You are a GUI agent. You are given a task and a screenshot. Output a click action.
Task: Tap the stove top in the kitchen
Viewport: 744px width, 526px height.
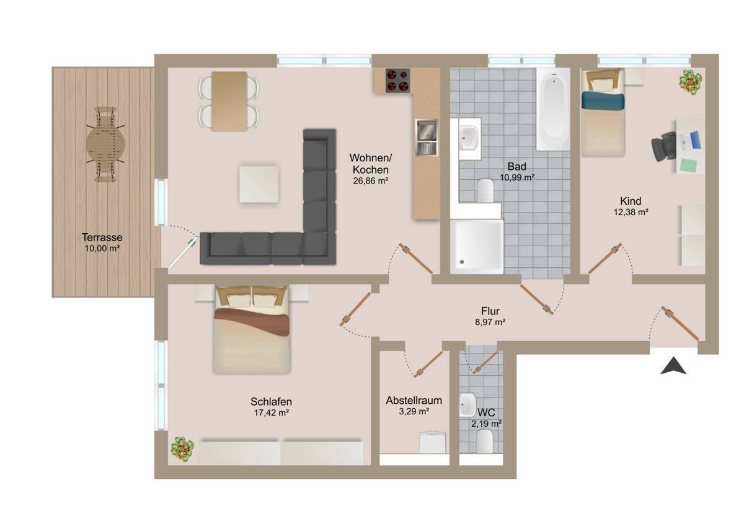[397, 81]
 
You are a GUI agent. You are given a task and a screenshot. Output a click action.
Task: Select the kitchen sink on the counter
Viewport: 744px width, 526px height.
[427, 138]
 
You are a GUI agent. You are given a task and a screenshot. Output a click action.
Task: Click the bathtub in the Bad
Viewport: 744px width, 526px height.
[553, 109]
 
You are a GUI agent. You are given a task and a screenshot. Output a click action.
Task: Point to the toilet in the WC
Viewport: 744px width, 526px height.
[484, 442]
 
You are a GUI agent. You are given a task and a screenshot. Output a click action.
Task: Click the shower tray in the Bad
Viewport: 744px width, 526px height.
[477, 246]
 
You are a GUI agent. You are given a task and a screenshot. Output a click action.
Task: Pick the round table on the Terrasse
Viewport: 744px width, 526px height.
[105, 144]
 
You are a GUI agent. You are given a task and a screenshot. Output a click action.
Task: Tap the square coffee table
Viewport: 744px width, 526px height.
[259, 184]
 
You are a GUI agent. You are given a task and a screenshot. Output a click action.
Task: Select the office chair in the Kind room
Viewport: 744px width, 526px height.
[664, 146]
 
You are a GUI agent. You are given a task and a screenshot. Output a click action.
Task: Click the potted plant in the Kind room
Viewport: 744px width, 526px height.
[691, 81]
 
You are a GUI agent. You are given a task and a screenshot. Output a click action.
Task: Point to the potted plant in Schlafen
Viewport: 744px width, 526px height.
[182, 449]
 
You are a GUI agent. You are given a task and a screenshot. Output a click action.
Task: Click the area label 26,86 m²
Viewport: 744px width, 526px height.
[371, 181]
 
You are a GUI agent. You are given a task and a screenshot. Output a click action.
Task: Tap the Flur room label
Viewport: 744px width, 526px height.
[490, 311]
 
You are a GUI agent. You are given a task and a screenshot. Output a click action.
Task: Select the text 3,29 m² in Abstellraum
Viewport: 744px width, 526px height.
[414, 412]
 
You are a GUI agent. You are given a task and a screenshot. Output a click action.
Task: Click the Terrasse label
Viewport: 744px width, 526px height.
[102, 237]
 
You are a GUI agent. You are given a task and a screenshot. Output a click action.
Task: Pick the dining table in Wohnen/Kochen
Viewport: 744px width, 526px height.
[229, 101]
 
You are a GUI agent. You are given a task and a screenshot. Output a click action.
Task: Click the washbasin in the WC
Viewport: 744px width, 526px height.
[468, 404]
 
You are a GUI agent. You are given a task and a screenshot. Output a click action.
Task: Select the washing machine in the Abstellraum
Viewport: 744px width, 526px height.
[433, 442]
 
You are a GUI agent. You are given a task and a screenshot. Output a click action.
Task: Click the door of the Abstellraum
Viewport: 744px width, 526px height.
[428, 365]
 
